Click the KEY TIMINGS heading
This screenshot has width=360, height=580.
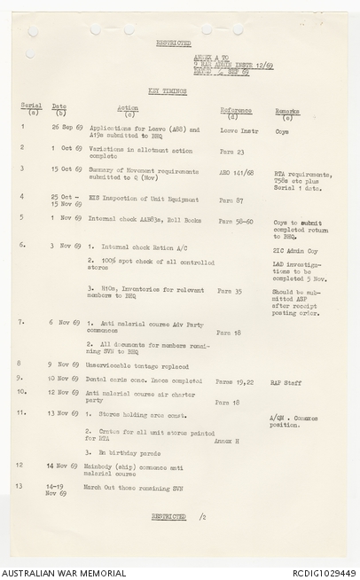click(167, 90)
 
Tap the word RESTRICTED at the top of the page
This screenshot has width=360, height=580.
click(175, 42)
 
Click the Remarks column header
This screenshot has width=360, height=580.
click(287, 112)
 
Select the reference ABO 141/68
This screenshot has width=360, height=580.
click(237, 173)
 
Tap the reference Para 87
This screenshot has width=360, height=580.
click(231, 200)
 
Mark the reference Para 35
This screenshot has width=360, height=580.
click(231, 291)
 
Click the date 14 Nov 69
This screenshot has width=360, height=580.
click(63, 465)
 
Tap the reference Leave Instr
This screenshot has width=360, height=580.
click(237, 129)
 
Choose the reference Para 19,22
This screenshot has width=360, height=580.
click(235, 381)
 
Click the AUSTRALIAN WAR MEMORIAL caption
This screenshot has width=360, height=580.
click(63, 573)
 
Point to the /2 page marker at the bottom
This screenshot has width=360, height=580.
click(202, 515)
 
